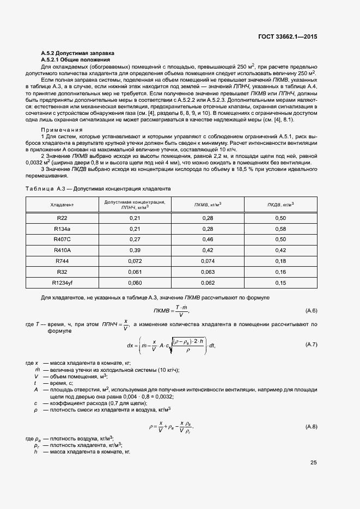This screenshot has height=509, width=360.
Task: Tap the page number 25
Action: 313,463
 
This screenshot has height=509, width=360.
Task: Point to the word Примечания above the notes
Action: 62,130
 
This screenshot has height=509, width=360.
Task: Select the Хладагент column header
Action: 62,205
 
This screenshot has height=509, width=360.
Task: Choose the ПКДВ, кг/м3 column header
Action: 280,205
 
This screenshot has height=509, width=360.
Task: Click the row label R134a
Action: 62,229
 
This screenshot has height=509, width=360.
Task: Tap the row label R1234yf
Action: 62,283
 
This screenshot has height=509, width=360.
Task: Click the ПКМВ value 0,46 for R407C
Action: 208,240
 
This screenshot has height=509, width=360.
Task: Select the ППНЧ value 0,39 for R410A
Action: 135,250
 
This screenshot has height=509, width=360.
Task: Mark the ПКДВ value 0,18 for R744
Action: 280,261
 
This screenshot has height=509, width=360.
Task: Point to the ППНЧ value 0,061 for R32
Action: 135,272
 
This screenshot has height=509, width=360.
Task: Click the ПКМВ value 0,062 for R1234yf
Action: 208,283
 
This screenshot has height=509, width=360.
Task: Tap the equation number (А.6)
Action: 312,311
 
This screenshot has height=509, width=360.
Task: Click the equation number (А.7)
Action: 312,345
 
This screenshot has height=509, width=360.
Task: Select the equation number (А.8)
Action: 312,426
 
